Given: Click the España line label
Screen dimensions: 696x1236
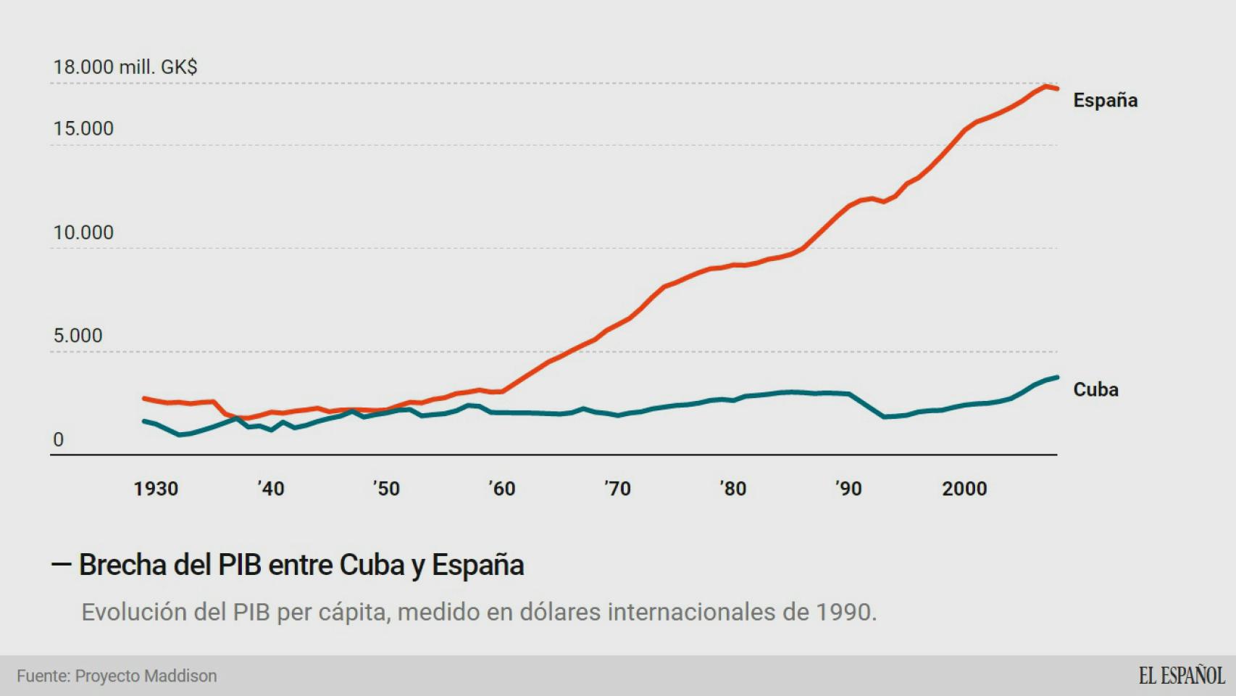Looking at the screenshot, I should (x=1105, y=100).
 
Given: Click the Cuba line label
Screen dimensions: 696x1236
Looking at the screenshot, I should (x=1095, y=389).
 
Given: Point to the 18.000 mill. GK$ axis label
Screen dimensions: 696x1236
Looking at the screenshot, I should (x=125, y=67).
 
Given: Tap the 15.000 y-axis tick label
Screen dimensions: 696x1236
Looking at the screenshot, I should (x=83, y=128).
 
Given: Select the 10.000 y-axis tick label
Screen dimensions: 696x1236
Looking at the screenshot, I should (x=83, y=232).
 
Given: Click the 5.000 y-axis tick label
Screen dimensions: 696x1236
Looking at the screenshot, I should (x=78, y=336).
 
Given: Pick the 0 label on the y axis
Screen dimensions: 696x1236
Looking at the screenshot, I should (x=59, y=439).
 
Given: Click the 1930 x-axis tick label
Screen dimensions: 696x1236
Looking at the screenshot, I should (x=156, y=489).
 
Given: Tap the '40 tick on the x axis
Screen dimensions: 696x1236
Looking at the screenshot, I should (x=271, y=489).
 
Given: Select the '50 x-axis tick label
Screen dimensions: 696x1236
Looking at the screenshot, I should (x=386, y=489).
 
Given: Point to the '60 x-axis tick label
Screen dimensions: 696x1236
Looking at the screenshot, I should (x=502, y=489).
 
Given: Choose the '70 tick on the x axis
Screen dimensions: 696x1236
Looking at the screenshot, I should (x=617, y=489).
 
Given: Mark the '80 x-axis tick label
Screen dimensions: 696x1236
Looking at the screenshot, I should (x=732, y=489).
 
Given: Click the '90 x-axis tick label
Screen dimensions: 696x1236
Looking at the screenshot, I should (x=848, y=489).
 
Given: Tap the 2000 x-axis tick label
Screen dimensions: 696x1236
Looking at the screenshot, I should (x=964, y=489).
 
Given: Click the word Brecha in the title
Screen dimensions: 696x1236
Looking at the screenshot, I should (x=122, y=565).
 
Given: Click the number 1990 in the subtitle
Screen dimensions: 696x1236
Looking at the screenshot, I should (x=843, y=612).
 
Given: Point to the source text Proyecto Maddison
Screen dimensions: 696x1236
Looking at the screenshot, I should (x=146, y=676).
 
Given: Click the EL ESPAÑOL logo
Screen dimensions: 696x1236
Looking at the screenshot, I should (x=1181, y=676).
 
